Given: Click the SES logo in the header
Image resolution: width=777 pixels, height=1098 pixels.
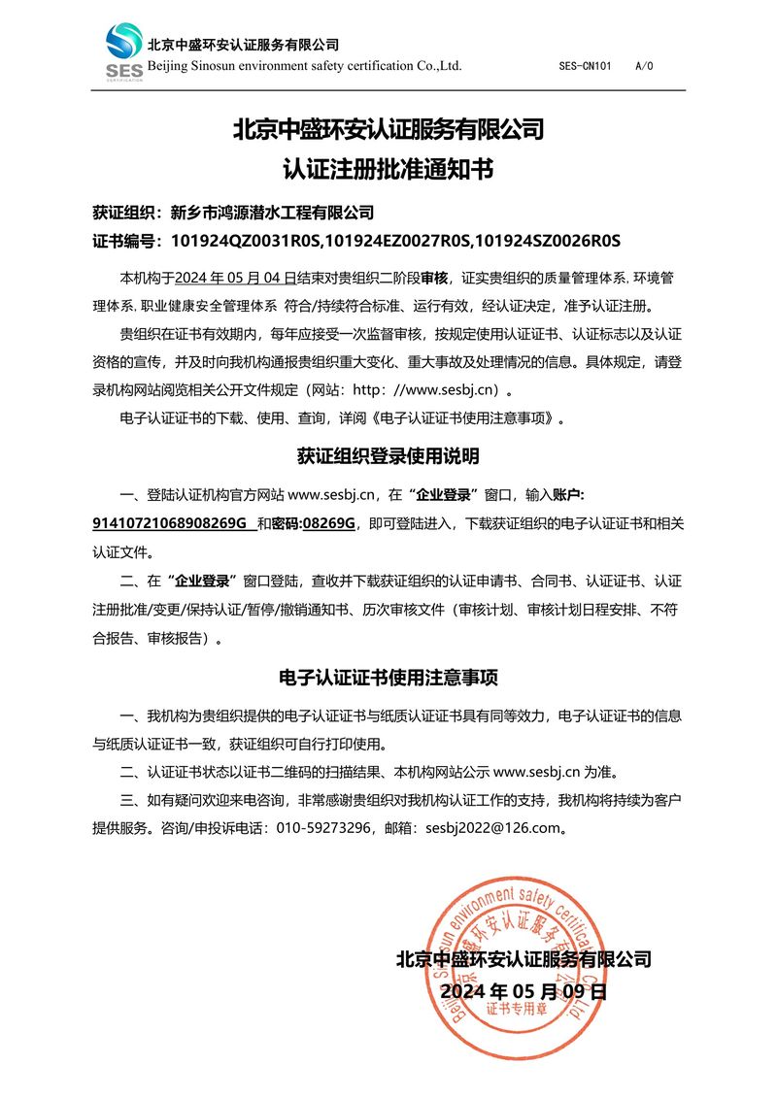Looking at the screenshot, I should [x=124, y=51].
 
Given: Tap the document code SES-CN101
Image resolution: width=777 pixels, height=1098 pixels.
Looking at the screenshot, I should [x=586, y=67].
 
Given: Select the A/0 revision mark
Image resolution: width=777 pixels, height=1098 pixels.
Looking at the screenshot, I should [x=644, y=67].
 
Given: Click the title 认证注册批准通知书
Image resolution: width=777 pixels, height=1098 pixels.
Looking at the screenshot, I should [x=388, y=171].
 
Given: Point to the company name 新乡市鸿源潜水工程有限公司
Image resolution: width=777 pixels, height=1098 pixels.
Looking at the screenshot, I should [x=272, y=213].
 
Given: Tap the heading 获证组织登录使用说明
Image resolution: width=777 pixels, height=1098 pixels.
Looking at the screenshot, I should [x=388, y=455].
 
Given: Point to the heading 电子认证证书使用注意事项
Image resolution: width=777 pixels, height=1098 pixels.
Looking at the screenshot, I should [x=388, y=676].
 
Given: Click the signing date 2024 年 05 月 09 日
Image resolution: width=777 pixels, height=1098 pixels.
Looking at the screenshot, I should [x=523, y=991].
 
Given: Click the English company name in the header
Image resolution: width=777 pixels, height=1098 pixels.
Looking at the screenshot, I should [x=304, y=66].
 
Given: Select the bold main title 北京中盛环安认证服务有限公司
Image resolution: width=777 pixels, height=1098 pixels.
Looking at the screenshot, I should [x=388, y=129].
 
